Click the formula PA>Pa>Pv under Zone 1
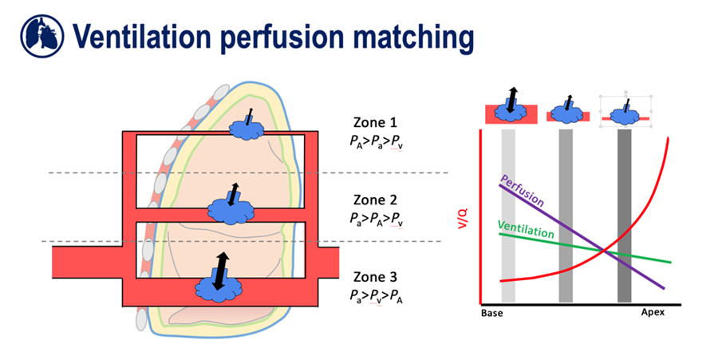[x=379, y=140]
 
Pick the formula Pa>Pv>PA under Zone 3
[x=379, y=295]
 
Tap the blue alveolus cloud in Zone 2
[x=230, y=210]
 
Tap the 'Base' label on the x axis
[x=491, y=313]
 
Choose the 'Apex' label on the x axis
[x=653, y=313]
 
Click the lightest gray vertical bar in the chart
[x=508, y=216]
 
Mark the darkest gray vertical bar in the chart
[x=625, y=216]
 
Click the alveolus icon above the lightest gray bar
[x=508, y=111]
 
